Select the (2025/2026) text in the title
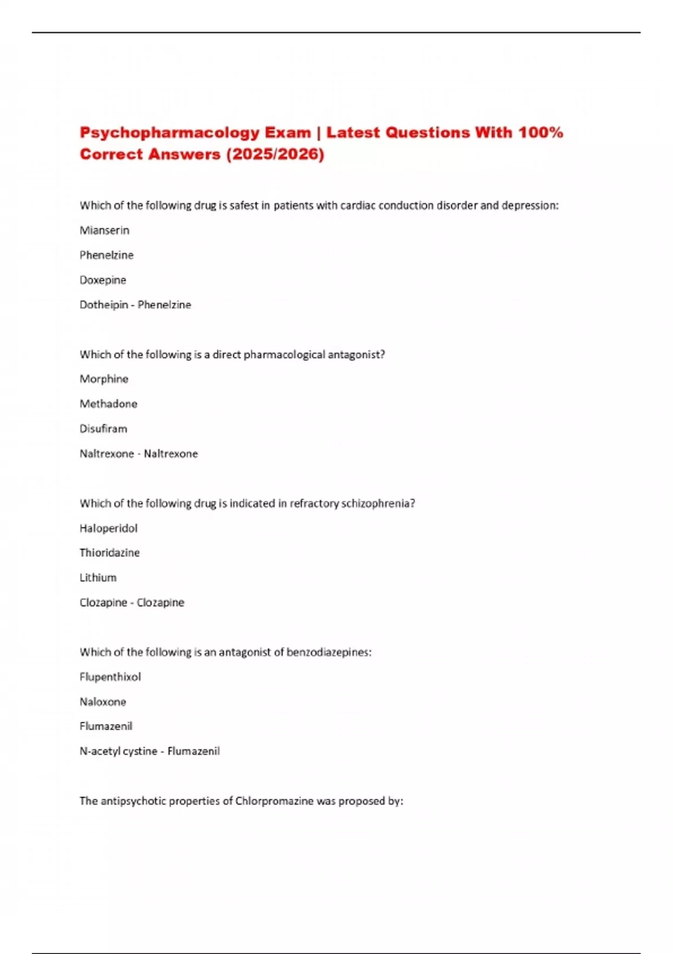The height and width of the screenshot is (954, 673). click(275, 154)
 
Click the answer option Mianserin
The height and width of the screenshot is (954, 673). click(104, 230)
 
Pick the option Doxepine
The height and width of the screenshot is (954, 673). click(103, 280)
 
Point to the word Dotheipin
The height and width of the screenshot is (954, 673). click(104, 305)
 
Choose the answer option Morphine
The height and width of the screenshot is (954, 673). click(104, 379)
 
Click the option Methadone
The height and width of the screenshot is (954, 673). click(108, 403)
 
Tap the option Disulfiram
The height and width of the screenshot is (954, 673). click(103, 429)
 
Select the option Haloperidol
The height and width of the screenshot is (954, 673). click(108, 528)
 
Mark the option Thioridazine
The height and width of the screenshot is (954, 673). click(109, 553)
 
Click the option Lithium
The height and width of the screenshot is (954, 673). click(98, 577)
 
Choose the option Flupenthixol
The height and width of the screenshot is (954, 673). click(110, 677)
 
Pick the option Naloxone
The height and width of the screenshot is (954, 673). click(103, 701)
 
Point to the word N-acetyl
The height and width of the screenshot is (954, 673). click(98, 751)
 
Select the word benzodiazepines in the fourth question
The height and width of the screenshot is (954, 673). click(329, 652)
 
